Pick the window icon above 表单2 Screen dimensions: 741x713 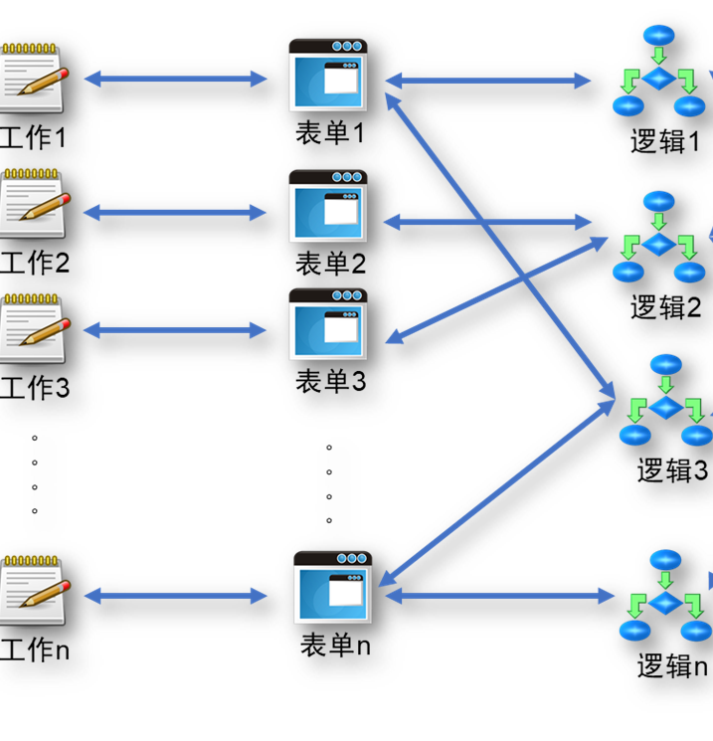coord(328,206)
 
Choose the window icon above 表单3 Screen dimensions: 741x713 coord(328,324)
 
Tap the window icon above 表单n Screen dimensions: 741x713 coord(332,588)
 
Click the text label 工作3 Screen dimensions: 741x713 coord(35,386)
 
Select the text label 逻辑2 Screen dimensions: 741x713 coord(665,306)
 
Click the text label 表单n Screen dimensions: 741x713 coord(335,645)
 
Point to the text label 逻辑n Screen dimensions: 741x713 coord(672,665)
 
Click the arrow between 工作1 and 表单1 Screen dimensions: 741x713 coord(176,79)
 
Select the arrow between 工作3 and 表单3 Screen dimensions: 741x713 coord(176,330)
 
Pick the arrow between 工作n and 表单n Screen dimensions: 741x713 coord(176,596)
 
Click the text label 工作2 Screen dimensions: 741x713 coord(35,263)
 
